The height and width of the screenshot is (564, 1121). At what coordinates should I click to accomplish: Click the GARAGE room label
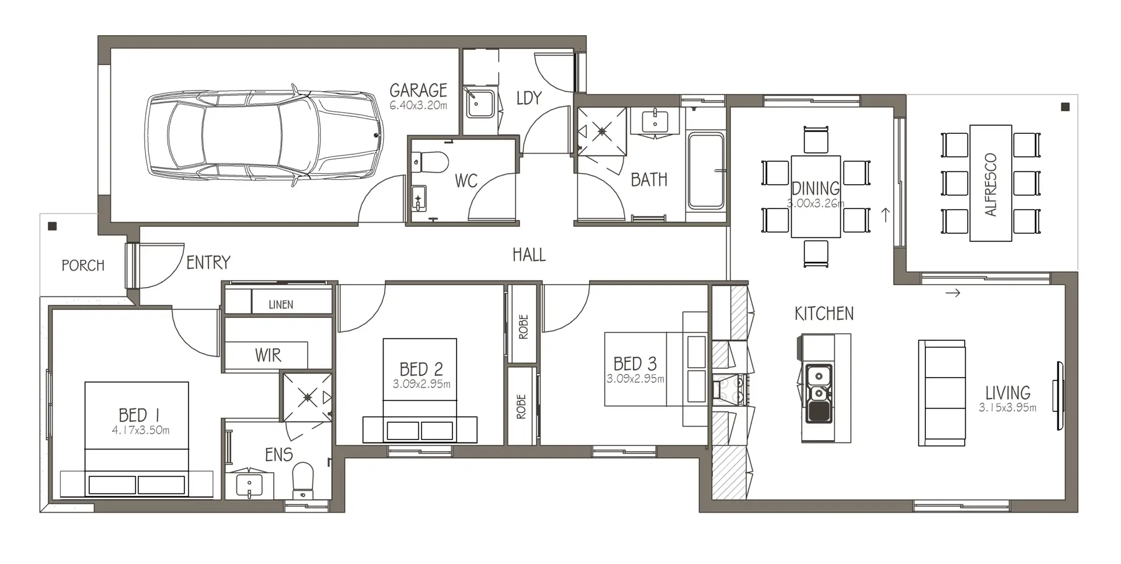click(418, 91)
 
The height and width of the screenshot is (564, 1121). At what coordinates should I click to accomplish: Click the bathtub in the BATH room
click(706, 171)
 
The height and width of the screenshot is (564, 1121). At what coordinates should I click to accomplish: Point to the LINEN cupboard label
click(281, 305)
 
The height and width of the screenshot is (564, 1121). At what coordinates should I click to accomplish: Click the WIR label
click(268, 355)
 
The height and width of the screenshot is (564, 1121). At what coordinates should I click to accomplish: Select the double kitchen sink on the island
click(819, 393)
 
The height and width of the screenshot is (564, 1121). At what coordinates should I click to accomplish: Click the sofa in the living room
click(942, 393)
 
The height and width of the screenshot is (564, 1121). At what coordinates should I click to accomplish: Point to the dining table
click(816, 196)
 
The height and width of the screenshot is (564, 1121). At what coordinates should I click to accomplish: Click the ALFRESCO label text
click(991, 185)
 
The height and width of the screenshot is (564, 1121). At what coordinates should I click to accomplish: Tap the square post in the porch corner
click(53, 226)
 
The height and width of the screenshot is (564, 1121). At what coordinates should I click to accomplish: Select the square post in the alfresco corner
click(1065, 107)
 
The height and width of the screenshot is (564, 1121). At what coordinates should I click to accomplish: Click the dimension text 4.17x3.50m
click(141, 431)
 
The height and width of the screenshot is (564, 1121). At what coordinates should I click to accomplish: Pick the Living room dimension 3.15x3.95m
click(1008, 408)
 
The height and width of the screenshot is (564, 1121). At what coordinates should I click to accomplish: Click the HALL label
click(529, 255)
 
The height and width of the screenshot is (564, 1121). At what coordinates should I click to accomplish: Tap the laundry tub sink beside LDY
click(479, 103)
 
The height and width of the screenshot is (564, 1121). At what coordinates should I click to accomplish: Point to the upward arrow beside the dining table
click(886, 215)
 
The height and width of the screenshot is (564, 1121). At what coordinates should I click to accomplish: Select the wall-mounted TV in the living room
click(1058, 396)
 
